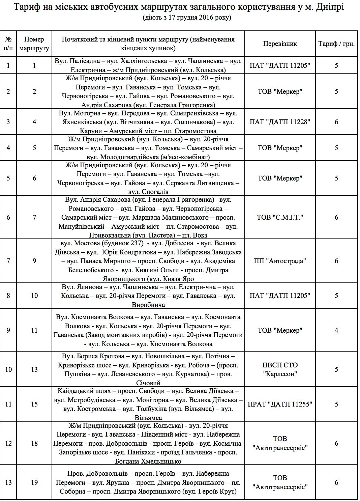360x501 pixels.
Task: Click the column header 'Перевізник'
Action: pyautogui.click(x=280, y=44)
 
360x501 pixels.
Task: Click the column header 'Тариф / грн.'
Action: pyautogui.click(x=336, y=44)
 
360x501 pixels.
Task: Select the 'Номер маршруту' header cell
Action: pyautogui.click(x=34, y=44)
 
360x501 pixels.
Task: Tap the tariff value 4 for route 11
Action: pyautogui.click(x=336, y=330)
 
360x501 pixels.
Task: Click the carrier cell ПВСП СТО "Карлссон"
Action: pyautogui.click(x=280, y=369)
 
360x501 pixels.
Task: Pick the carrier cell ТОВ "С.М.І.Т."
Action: pyautogui.click(x=280, y=217)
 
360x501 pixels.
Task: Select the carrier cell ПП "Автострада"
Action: pyautogui.click(x=280, y=261)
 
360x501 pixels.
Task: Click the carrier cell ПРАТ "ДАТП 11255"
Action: pyautogui.click(x=280, y=404)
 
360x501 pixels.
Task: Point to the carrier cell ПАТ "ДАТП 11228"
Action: pyautogui.click(x=280, y=122)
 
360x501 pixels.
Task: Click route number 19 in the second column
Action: pyautogui.click(x=34, y=482)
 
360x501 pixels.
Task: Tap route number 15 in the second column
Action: pyautogui.click(x=34, y=404)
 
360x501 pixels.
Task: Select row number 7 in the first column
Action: pyautogui.click(x=8, y=261)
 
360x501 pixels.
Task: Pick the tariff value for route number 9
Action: pyautogui.click(x=336, y=261)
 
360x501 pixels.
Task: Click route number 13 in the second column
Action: pyautogui.click(x=34, y=369)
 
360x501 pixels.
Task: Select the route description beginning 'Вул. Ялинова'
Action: pyautogui.click(x=148, y=296)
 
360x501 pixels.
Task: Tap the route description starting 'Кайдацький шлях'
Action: pyautogui.click(x=148, y=404)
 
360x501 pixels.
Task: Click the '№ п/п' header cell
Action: pyautogui.click(x=8, y=44)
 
